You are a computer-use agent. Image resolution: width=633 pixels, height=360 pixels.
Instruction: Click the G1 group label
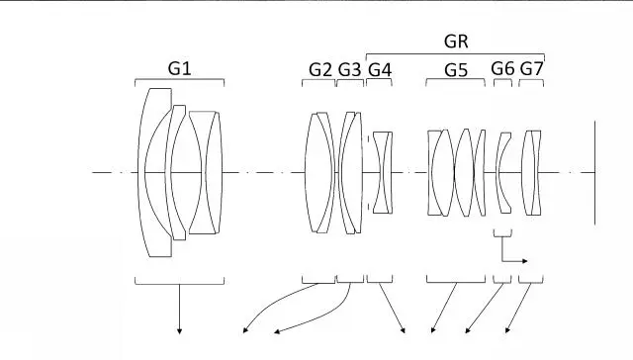tap(179, 68)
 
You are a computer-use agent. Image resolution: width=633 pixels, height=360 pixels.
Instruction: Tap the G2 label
tap(320, 70)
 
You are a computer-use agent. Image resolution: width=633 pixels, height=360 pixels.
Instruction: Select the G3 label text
tap(349, 70)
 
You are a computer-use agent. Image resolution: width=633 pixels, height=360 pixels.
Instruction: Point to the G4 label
tap(380, 70)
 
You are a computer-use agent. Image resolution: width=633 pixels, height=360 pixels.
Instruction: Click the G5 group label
tap(456, 70)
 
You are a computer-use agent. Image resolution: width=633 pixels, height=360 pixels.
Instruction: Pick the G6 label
tap(502, 68)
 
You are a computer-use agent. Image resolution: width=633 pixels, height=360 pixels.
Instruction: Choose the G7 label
tap(532, 69)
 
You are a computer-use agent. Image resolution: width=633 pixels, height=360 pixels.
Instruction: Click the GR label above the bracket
tap(456, 42)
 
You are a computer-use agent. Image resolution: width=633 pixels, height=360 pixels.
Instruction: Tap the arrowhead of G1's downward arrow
tap(180, 331)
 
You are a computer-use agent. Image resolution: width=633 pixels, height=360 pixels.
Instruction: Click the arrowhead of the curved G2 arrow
tap(245, 330)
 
